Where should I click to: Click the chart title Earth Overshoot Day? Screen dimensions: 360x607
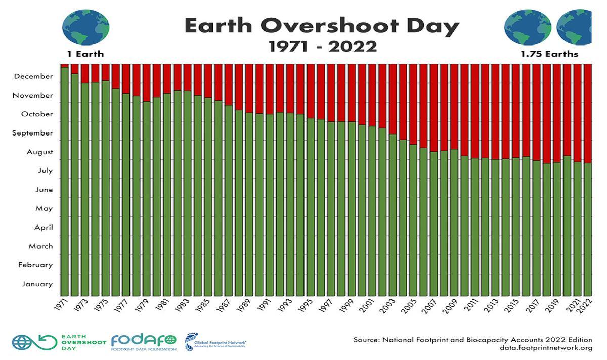pyautogui.click(x=322, y=26)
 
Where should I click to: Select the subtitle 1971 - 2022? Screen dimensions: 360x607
pyautogui.click(x=322, y=47)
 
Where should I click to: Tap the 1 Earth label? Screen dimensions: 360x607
pyautogui.click(x=85, y=54)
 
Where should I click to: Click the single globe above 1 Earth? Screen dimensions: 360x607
pyautogui.click(x=85, y=27)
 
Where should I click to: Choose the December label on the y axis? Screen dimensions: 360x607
pyautogui.click(x=33, y=76)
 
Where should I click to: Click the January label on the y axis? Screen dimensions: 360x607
pyautogui.click(x=37, y=284)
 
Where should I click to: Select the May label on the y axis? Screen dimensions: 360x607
pyautogui.click(x=44, y=208)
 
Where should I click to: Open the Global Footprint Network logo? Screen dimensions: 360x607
pyautogui.click(x=215, y=342)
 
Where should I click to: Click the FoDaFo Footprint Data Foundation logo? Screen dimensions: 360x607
pyautogui.click(x=144, y=342)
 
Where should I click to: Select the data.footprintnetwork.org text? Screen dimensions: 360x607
pyautogui.click(x=546, y=348)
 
